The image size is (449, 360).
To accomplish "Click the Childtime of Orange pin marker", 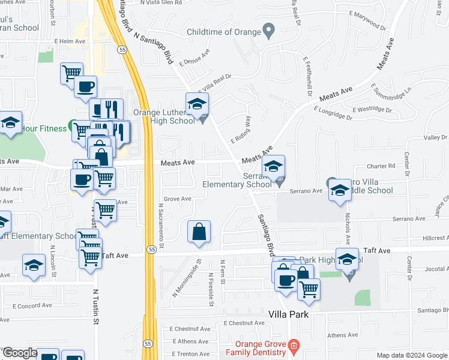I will click(x=269, y=29).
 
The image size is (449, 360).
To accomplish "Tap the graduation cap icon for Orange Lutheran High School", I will click(x=197, y=104).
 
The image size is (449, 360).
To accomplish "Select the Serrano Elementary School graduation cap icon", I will click(x=273, y=166).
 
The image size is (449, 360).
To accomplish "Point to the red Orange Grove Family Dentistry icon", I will click(x=294, y=345).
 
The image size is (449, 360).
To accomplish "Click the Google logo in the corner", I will click(x=19, y=353).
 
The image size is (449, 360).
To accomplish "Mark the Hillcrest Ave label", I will click(x=426, y=238).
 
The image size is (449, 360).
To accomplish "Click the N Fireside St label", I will click(x=211, y=290).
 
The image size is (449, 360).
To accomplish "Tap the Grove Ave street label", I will click(x=177, y=199).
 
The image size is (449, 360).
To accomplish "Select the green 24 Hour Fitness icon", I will click(x=71, y=128).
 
